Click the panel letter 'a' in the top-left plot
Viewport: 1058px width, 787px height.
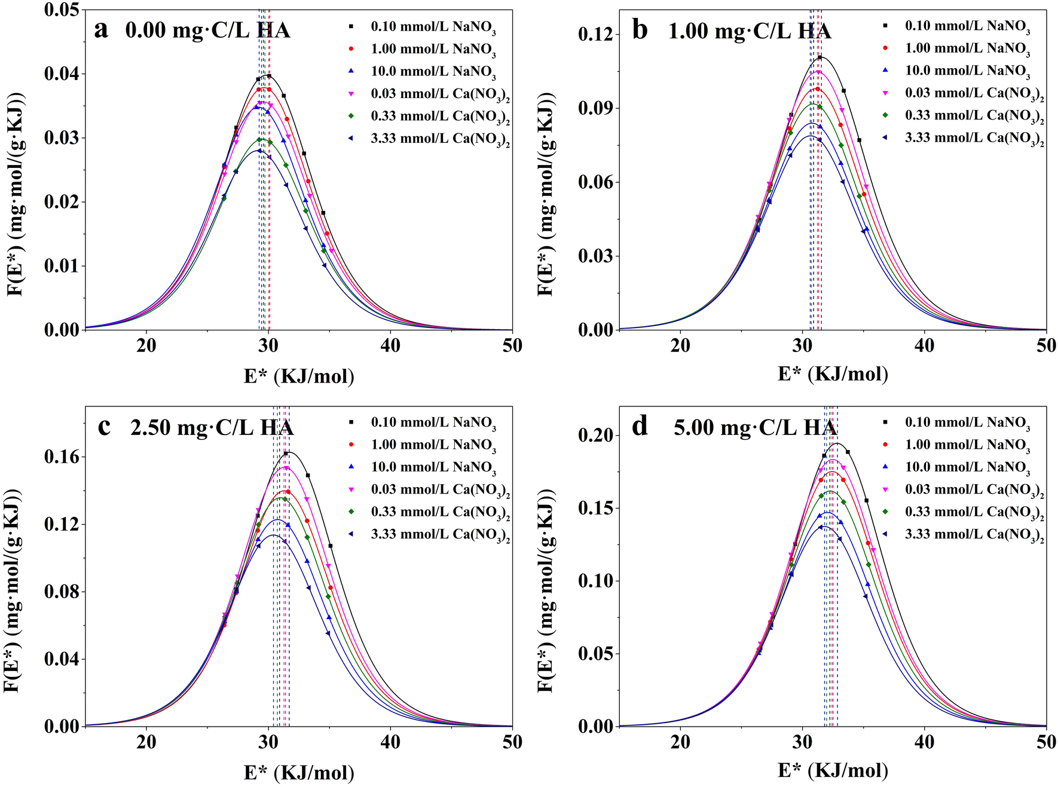click(101, 30)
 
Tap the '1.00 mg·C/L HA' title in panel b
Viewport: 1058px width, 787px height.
click(749, 30)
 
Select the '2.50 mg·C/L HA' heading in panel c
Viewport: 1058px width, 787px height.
click(212, 427)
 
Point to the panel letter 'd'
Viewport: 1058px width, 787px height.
click(640, 426)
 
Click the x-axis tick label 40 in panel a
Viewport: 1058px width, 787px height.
click(390, 345)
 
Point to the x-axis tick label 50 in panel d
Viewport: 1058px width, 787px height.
click(1045, 742)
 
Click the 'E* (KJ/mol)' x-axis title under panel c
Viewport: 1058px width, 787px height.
click(299, 773)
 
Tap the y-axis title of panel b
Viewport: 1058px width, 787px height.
click(546, 194)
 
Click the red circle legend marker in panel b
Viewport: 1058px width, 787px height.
click(885, 48)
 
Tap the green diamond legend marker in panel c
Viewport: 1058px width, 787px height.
click(351, 512)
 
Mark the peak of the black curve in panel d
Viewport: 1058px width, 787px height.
click(837, 443)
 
